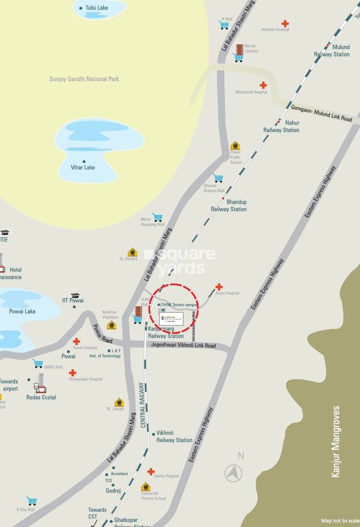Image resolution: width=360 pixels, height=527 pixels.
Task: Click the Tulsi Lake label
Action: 96,8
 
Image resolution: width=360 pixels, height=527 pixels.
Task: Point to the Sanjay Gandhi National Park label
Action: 84,79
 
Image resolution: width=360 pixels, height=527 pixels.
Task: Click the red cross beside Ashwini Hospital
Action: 285,23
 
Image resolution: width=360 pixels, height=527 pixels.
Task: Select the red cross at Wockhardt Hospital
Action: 263,85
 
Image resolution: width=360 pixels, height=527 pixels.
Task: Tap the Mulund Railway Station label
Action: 332,51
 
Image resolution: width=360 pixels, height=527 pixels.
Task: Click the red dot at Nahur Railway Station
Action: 279,122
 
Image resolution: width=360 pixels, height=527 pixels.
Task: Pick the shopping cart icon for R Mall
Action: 224,25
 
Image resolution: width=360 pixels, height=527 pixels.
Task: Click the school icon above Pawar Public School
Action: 235,146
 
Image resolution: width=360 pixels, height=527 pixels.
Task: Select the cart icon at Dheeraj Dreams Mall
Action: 218,178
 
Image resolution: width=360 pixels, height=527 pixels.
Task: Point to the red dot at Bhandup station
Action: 223,199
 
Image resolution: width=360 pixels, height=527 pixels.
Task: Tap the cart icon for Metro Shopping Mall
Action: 157,217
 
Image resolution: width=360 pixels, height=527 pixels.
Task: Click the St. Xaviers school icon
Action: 132,252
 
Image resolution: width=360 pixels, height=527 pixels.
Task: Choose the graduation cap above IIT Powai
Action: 76,295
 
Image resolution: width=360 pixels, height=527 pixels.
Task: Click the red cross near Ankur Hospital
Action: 219,287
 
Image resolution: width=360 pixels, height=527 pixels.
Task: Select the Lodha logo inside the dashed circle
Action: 172,319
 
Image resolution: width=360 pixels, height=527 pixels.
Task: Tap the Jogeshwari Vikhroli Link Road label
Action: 183,346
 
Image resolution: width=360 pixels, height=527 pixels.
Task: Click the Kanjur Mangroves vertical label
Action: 335,441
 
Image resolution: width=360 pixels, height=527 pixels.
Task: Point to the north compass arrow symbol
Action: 234,473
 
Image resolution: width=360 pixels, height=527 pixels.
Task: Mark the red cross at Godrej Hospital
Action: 151,471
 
